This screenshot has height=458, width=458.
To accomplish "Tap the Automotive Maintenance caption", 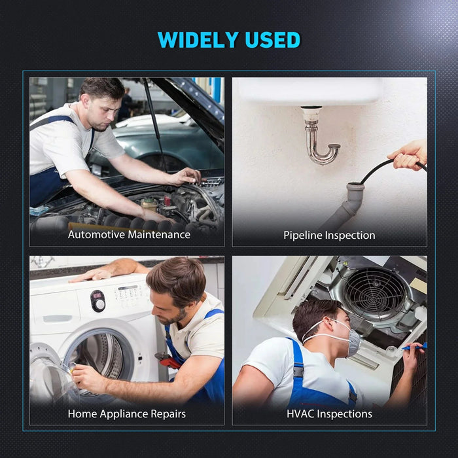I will pos(129,234).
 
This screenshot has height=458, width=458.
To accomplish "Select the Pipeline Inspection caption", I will pos(329,235).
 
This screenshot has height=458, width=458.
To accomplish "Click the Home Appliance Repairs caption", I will pos(127,414).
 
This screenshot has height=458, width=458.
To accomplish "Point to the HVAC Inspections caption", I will pos(329,414).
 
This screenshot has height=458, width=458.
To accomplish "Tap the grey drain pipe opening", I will pos(355,188).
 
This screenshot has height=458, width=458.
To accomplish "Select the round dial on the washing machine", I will pos(98,301).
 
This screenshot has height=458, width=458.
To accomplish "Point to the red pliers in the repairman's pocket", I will pos(169,359).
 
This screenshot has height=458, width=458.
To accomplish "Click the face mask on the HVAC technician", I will pos(352,342).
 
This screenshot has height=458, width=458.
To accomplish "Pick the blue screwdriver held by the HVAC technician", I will pos(415,347).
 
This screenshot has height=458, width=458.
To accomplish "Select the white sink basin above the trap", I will pos(308,91).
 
